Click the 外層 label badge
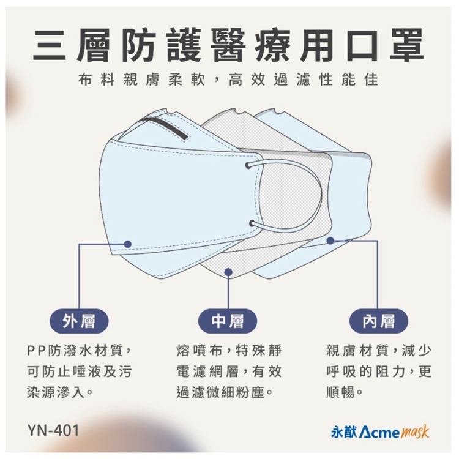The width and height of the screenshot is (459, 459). (x=79, y=321)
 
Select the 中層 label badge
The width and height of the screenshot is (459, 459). (x=228, y=321)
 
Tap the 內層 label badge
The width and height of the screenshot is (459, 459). (x=379, y=321)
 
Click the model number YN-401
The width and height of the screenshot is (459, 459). (x=53, y=431)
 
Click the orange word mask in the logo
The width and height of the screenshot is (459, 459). (x=414, y=433)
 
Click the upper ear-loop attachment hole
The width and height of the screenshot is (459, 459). (x=248, y=165)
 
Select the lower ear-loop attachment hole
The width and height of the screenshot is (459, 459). (x=252, y=224)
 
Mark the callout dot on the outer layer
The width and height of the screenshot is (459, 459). (x=127, y=244)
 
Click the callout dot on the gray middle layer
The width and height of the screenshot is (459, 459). (x=228, y=272)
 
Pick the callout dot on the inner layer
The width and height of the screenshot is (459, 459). (x=330, y=241)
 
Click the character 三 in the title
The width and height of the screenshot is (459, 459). (x=49, y=46)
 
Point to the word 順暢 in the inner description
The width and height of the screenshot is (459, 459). (x=341, y=392)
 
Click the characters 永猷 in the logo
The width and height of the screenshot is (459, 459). (x=344, y=432)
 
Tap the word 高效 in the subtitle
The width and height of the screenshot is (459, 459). (x=247, y=80)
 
